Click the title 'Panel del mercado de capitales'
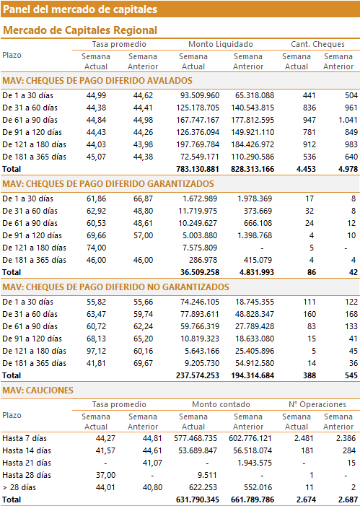80,9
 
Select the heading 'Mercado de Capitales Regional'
80,30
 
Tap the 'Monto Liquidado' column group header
221,44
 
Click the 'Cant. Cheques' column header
317,44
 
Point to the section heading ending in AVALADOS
97,81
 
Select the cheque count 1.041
348,120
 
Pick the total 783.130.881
198,169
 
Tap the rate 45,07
96,157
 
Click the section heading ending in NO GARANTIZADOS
116,287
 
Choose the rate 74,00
96,248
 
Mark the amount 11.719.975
198,211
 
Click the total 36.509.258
200,272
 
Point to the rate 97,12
96,351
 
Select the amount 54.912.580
253,363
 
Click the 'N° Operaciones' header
317,404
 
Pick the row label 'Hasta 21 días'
27,463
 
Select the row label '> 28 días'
19,488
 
